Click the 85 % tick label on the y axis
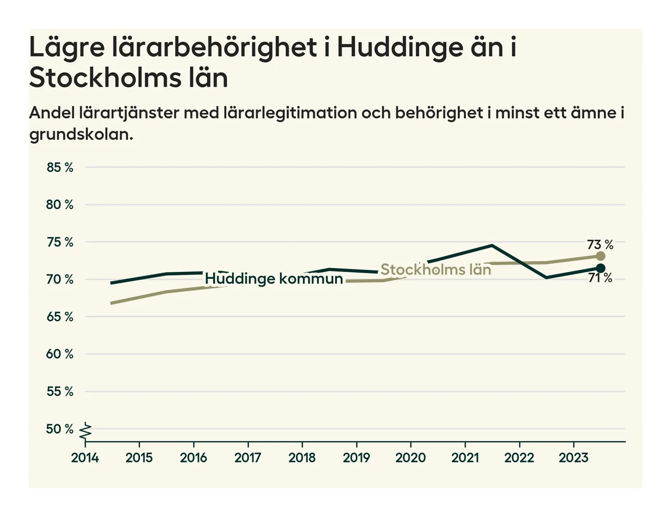tap(60, 168)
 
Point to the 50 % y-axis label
tap(60, 429)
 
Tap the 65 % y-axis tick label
tap(60, 317)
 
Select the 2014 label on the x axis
tap(85, 458)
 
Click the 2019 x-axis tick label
tap(356, 458)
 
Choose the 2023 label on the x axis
tap(573, 458)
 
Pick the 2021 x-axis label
tap(465, 458)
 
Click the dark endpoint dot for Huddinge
tap(600, 268)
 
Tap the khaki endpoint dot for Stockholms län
tap(600, 256)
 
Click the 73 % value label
tap(600, 245)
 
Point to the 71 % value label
tap(600, 278)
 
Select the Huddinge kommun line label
tap(274, 279)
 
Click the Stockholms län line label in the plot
tap(436, 270)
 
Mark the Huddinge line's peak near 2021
tap(492, 246)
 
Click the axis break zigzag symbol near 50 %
tap(85, 431)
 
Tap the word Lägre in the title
tap(67, 48)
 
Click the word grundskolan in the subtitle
tap(81, 135)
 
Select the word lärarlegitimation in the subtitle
tap(290, 113)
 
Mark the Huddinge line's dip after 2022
tap(546, 278)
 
